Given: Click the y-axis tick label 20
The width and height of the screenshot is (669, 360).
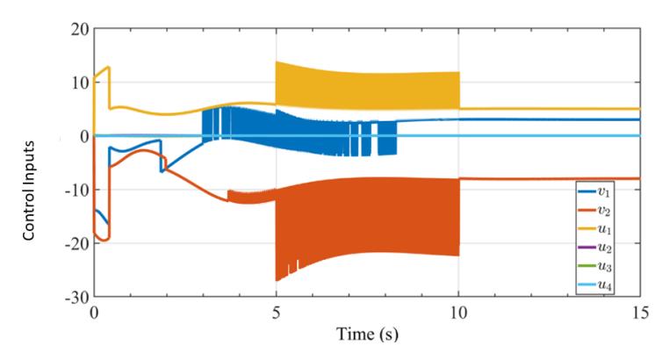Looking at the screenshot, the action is (x=80, y=30).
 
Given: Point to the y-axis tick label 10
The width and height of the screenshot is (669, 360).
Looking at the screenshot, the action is (x=80, y=83).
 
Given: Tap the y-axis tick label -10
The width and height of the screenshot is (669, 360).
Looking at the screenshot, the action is (x=76, y=190).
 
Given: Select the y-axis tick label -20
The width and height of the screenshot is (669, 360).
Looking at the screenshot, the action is (x=76, y=243).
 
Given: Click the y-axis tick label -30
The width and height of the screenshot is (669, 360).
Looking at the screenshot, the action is (x=76, y=298).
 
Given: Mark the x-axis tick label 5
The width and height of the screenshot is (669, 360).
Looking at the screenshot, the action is (x=277, y=313).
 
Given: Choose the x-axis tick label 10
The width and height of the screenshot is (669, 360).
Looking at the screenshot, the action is (x=458, y=313).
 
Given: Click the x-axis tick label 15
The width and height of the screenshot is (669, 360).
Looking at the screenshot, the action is (x=640, y=313).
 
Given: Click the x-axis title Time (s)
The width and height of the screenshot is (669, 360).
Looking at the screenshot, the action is (x=367, y=334).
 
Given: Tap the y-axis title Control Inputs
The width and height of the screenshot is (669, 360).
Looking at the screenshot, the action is (x=29, y=191).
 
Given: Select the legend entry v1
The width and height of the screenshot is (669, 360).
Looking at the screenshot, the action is (x=594, y=192).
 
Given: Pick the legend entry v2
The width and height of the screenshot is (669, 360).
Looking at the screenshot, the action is (x=594, y=210).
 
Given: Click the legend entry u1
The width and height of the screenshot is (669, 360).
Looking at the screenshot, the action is (x=594, y=229).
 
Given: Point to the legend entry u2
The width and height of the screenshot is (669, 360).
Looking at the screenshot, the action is (x=594, y=248).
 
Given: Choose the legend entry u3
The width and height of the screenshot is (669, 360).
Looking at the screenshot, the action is (x=594, y=266).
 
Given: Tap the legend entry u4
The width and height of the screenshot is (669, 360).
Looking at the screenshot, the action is (x=594, y=284).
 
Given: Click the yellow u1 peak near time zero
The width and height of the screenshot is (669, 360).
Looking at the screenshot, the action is (x=109, y=67).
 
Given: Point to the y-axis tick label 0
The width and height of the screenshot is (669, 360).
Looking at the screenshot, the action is (x=84, y=136).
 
